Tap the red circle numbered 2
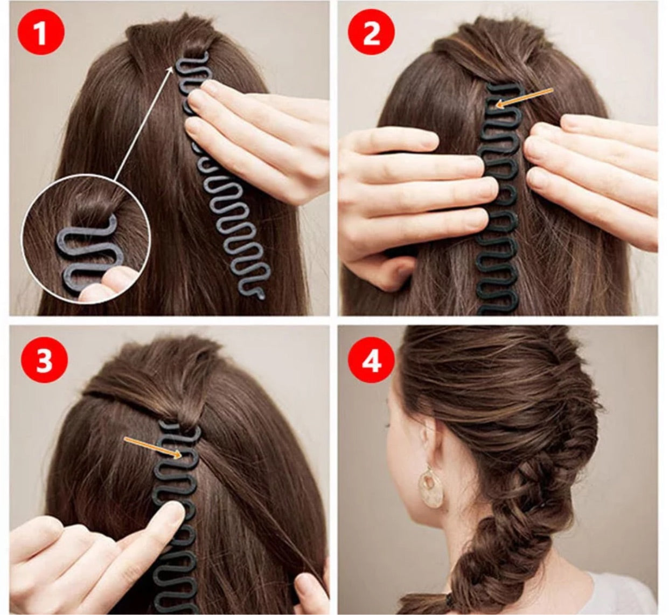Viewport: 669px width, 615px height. pyautogui.click(x=371, y=33)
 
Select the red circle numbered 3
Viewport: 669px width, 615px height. pyautogui.click(x=44, y=361)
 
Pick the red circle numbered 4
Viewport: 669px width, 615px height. pyautogui.click(x=371, y=360)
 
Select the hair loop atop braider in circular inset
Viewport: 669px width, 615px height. pyautogui.click(x=97, y=208)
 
